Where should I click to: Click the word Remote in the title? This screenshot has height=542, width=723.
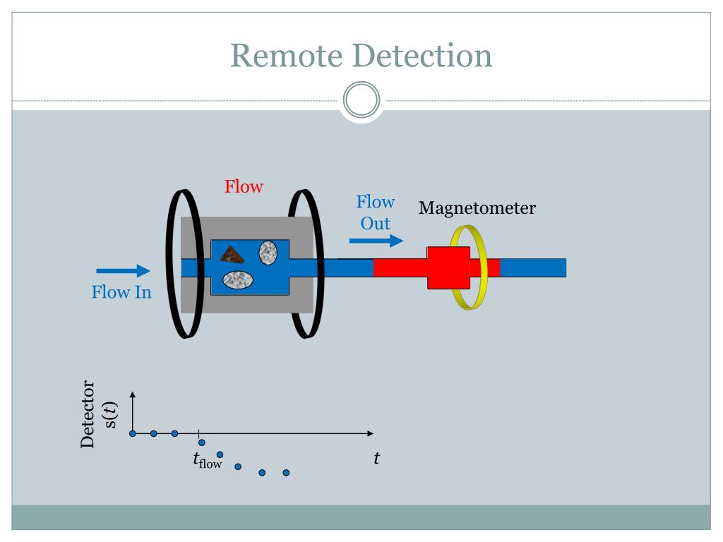287,56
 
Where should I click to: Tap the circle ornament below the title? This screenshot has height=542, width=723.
361,101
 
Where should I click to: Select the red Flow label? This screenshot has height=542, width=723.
244,187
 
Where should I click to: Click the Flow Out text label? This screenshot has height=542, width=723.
375,212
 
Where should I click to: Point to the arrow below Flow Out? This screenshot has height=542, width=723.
376,241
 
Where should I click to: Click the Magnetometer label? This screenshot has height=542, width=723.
477,208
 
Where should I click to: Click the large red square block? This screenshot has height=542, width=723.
448,267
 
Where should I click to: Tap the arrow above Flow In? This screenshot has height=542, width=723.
123,270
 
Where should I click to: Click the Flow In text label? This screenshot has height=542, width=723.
121,291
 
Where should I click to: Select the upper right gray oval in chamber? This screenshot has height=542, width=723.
268,252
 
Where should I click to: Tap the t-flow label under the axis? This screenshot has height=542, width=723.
207,461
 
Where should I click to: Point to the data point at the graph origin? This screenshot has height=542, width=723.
133,433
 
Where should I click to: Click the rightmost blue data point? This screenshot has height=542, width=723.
286,473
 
